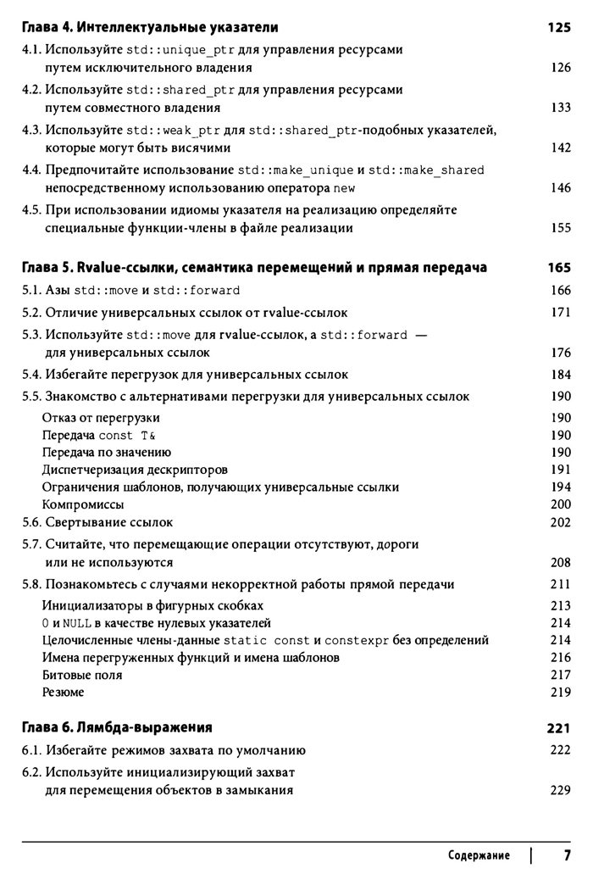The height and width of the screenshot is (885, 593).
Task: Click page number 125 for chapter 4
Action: pyautogui.click(x=559, y=27)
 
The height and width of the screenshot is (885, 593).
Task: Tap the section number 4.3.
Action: pyautogui.click(x=31, y=129)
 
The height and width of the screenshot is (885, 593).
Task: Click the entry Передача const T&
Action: pyautogui.click(x=99, y=435)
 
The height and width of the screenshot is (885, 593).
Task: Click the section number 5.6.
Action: pyautogui.click(x=31, y=522)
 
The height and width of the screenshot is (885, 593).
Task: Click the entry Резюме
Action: pyautogui.click(x=63, y=693)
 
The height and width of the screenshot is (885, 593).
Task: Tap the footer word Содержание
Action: pyautogui.click(x=479, y=855)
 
